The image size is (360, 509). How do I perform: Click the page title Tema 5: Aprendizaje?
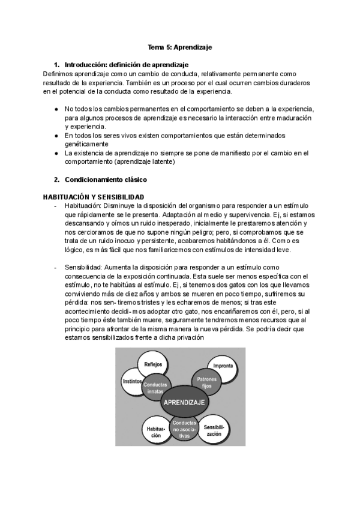tap(180, 47)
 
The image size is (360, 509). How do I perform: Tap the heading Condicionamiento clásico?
tap(105, 179)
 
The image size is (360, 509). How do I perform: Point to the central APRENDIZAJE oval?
tap(185, 402)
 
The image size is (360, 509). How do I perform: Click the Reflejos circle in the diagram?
tap(153, 364)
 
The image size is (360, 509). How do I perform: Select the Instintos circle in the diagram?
tap(132, 381)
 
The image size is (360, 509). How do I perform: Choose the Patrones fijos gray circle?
tap(206, 383)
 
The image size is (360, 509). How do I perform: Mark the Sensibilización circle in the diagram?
tap(214, 430)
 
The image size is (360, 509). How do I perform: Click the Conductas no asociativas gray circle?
tap(184, 430)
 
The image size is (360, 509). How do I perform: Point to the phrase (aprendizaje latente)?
tap(146, 162)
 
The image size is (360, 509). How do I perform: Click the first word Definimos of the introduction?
tap(58, 73)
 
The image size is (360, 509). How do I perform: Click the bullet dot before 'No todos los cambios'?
tap(56, 109)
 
